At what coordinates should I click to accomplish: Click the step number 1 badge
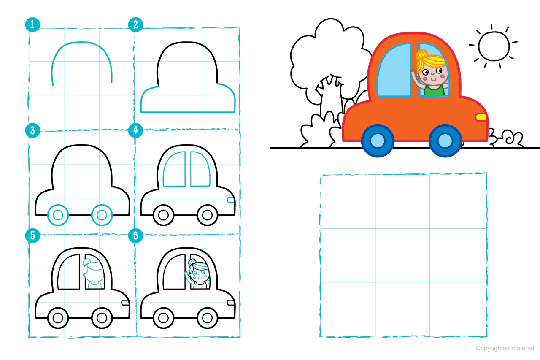32,24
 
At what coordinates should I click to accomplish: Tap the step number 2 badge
136,24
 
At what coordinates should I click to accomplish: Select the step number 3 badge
32,130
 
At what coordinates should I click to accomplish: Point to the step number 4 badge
136,130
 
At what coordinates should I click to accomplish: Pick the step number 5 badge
32,235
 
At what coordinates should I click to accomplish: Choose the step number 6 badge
136,235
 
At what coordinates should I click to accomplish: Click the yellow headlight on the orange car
481,117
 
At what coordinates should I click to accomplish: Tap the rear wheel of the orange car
378,141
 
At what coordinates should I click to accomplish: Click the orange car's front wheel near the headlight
445,141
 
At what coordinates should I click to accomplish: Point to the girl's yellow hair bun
422,55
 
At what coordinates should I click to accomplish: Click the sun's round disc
494,46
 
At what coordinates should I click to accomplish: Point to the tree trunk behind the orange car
331,97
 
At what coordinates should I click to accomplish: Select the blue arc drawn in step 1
81,43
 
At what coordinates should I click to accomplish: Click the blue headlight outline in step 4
230,200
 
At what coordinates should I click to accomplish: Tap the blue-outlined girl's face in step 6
199,275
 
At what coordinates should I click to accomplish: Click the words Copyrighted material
505,348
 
